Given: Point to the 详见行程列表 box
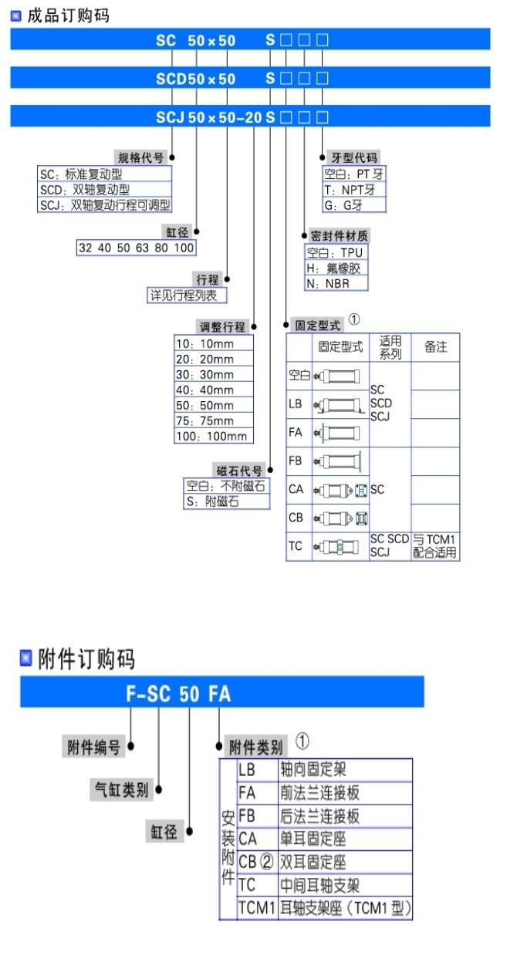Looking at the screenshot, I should click(188, 295).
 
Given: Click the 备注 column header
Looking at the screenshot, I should click(435, 347).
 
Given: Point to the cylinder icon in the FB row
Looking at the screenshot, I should click(340, 461).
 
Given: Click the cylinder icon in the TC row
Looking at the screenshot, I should click(337, 547).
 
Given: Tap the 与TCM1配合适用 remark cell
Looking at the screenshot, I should click(434, 546).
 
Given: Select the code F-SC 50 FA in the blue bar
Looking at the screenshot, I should click(178, 694).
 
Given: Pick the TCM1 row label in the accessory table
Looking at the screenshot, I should click(257, 908).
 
